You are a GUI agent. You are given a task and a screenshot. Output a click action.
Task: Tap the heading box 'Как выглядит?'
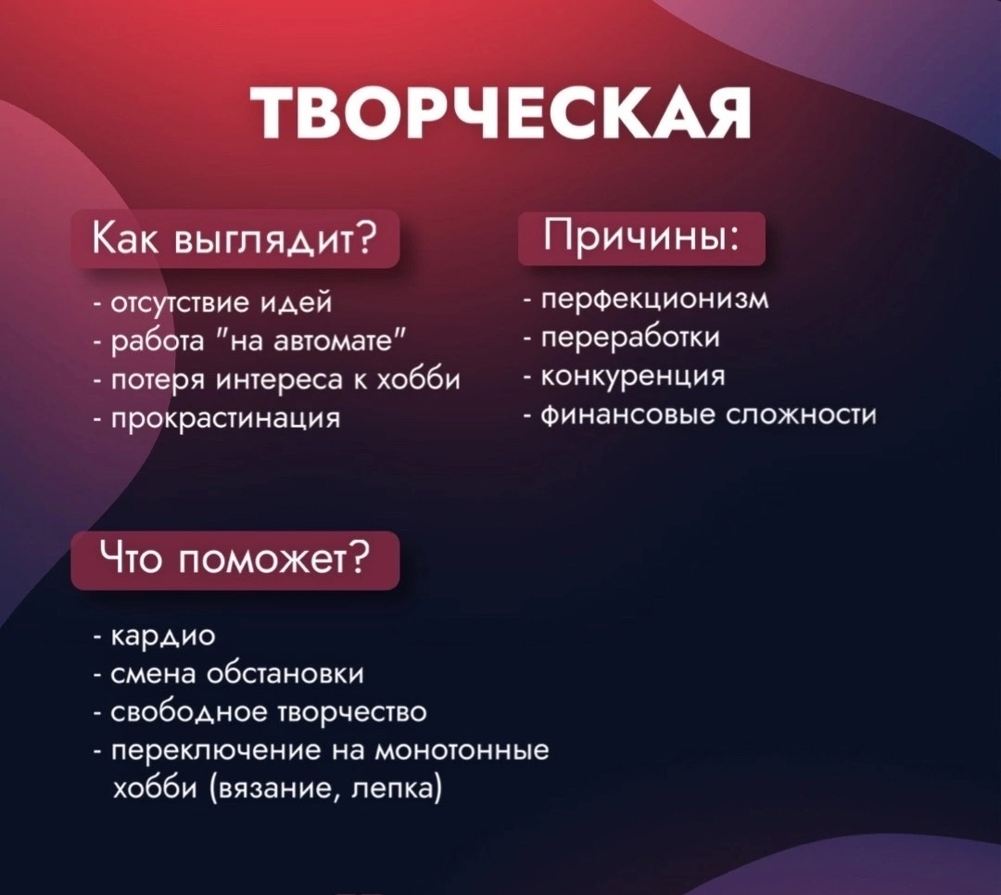[x=235, y=239]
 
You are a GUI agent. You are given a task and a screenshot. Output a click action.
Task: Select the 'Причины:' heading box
[x=641, y=237]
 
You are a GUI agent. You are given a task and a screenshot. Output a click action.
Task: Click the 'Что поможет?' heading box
[x=235, y=560]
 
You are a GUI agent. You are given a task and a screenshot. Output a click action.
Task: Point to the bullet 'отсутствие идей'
[x=212, y=301]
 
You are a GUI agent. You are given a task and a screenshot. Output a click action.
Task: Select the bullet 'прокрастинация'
[x=217, y=419]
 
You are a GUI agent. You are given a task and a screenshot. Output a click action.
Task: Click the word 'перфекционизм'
[x=655, y=299]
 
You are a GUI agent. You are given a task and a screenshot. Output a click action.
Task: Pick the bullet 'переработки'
[x=623, y=338]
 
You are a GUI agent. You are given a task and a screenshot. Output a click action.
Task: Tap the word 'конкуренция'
[x=633, y=376]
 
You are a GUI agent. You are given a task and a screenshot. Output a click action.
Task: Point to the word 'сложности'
[x=803, y=416]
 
